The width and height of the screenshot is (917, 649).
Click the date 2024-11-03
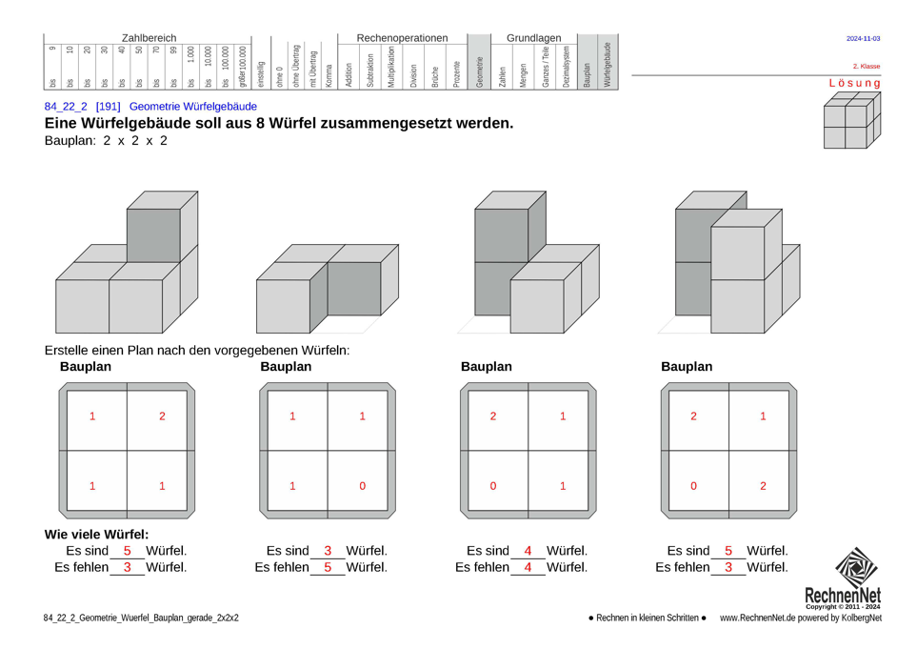coord(863,39)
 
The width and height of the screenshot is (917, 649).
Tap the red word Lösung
coord(854,83)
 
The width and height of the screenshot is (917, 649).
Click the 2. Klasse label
coord(866,67)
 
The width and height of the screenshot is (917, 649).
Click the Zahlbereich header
coord(149,37)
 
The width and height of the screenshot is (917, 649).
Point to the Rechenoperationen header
coord(401,37)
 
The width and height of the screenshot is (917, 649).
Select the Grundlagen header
coord(533,37)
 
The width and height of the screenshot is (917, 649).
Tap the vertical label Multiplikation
coord(390,67)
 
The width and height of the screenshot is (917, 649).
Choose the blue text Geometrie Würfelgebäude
coord(192,107)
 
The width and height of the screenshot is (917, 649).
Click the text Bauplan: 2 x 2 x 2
coord(106,141)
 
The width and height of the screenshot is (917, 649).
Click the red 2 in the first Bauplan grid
coord(162,416)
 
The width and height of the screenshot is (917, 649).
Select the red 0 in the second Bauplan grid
coord(363,486)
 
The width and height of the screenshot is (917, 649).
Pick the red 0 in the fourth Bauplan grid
coord(694,486)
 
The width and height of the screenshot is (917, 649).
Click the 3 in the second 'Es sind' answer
coord(328,551)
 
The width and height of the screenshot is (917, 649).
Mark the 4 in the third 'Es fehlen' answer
coord(528,568)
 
